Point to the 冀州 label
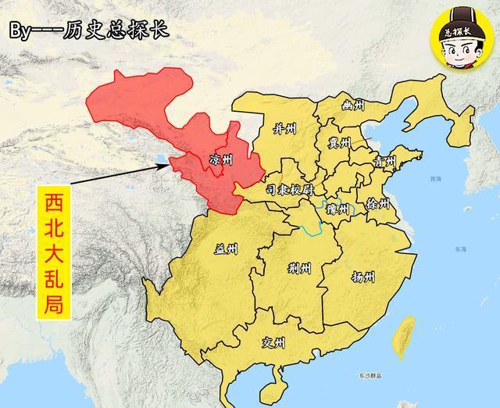[339, 143]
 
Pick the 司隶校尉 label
[289, 190]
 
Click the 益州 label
[226, 249]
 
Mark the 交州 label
[274, 343]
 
